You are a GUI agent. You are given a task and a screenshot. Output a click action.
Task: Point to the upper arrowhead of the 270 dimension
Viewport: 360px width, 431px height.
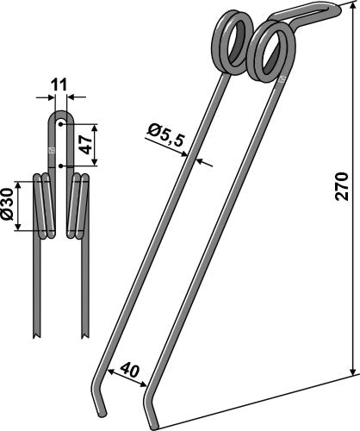click(354, 10)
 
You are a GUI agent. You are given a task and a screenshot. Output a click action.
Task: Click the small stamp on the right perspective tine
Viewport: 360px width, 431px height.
click(280, 79)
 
